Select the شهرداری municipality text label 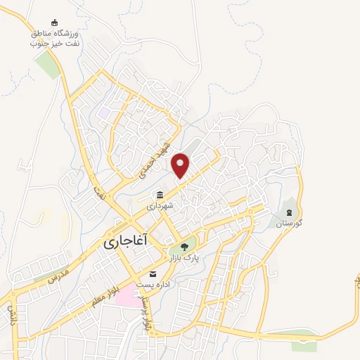(160, 207)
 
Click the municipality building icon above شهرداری (160, 195)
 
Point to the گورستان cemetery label (288, 223)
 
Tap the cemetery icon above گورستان (288, 212)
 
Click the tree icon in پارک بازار (184, 247)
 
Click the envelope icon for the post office (153, 274)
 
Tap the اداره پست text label (153, 285)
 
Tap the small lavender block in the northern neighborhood (105, 112)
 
